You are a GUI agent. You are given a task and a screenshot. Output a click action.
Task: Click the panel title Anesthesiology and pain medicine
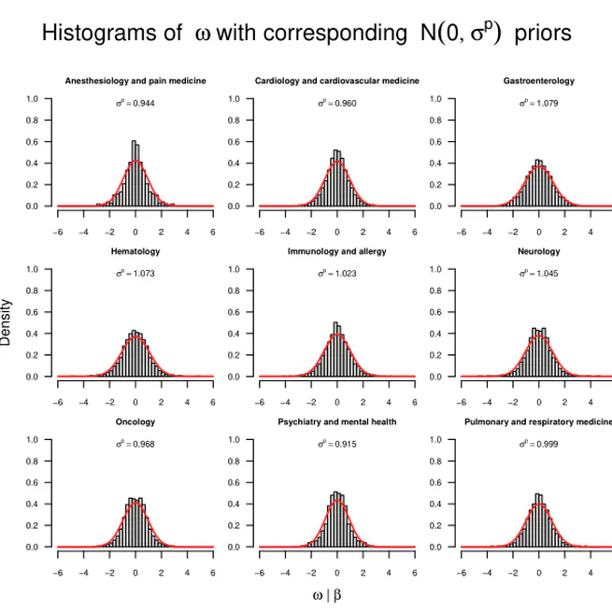pyautogui.click(x=135, y=81)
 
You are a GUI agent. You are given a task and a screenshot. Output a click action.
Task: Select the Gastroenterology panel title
pyautogui.click(x=539, y=81)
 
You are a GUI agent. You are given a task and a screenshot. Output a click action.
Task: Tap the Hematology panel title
pyautogui.click(x=135, y=251)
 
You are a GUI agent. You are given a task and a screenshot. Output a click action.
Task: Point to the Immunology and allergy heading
pyautogui.click(x=337, y=251)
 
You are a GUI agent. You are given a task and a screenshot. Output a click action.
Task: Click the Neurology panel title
pyautogui.click(x=539, y=251)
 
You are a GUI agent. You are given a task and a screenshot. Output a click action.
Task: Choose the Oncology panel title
pyautogui.click(x=135, y=421)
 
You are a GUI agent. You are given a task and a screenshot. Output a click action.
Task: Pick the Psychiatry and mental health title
pyautogui.click(x=337, y=421)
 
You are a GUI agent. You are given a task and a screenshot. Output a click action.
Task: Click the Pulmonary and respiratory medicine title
pyautogui.click(x=538, y=421)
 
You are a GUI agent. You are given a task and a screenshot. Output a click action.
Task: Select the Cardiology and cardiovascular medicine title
pyautogui.click(x=337, y=81)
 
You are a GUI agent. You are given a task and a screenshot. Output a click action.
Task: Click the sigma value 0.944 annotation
pyautogui.click(x=135, y=103)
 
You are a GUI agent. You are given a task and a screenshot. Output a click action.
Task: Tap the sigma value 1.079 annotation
pyautogui.click(x=539, y=103)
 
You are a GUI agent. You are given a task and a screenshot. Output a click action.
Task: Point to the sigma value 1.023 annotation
pyautogui.click(x=337, y=273)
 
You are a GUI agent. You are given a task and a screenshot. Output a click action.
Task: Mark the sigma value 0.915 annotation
pyautogui.click(x=337, y=443)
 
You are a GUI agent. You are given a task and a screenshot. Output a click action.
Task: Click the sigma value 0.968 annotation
pyautogui.click(x=135, y=443)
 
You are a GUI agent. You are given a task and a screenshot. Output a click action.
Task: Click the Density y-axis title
pyautogui.click(x=7, y=322)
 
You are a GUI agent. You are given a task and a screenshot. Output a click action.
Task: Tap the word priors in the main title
pyautogui.click(x=543, y=34)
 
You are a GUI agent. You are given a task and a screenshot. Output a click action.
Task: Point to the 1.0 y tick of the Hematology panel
pyautogui.click(x=32, y=269)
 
